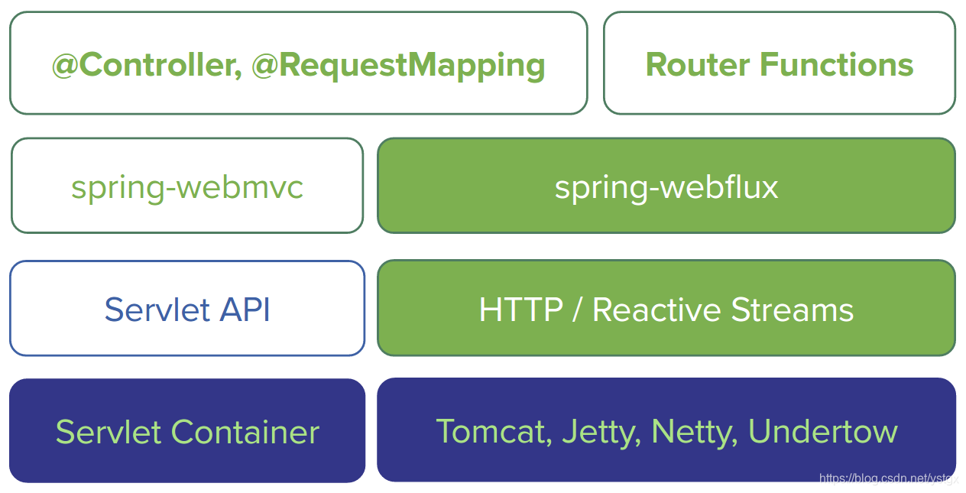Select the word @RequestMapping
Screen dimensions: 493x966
coord(398,66)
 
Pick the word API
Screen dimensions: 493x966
coord(245,310)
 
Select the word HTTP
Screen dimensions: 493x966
coord(520,310)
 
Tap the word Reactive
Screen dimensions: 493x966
coord(657,310)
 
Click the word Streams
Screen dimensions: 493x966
coord(793,310)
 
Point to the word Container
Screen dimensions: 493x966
coord(245,432)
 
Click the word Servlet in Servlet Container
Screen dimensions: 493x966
coord(109,432)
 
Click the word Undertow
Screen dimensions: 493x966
coord(822,432)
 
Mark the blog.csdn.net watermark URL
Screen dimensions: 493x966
coord(888,478)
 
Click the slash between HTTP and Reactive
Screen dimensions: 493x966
coord(578,310)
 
